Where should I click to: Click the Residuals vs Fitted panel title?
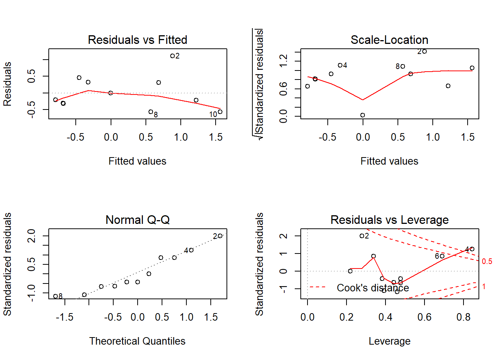[137, 40]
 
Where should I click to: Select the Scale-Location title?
[389, 40]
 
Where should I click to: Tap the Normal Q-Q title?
[137, 220]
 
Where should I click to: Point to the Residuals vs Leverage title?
[389, 220]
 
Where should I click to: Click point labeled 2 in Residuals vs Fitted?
[172, 56]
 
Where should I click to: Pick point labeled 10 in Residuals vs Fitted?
[220, 112]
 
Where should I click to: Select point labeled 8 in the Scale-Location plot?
[403, 66]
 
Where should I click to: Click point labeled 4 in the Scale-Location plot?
[340, 65]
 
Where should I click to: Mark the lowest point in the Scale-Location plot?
[363, 115]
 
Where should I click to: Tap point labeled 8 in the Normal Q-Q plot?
[55, 296]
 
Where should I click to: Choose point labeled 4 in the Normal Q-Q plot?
[191, 250]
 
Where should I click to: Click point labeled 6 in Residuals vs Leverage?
[442, 256]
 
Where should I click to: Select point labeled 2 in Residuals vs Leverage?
[361, 236]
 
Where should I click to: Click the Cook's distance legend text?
[373, 288]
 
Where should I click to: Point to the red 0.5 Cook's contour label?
[487, 261]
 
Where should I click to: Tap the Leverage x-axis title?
[389, 341]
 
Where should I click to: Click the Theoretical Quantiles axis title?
[137, 341]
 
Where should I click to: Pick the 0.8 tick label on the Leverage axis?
[463, 317]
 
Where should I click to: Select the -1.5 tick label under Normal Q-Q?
[64, 317]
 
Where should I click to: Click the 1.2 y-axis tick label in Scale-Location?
[283, 60]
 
